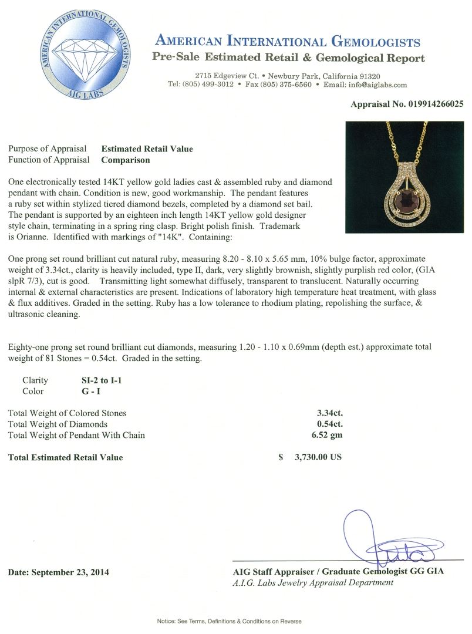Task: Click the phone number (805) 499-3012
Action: (x=208, y=85)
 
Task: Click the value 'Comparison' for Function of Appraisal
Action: (x=126, y=160)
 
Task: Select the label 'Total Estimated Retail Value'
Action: (x=66, y=457)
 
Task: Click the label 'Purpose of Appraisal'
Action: (x=48, y=149)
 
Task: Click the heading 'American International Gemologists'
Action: (x=288, y=42)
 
